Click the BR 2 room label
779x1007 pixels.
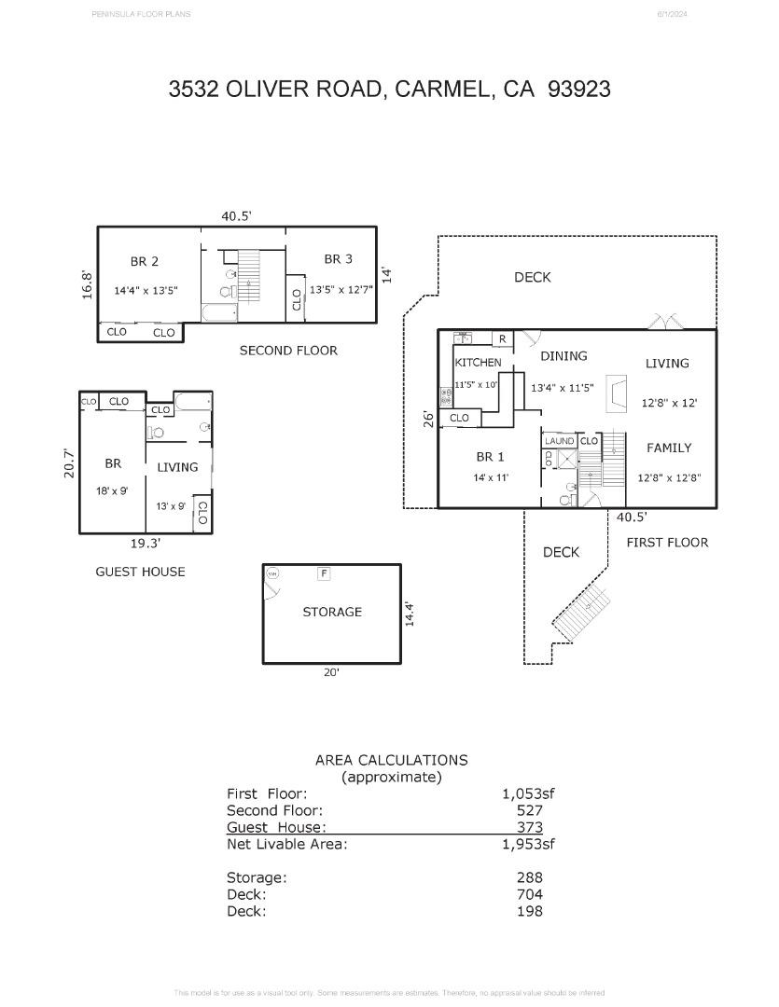tap(144, 262)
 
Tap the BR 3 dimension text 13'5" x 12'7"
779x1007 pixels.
tap(341, 290)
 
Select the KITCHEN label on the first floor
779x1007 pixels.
tap(478, 363)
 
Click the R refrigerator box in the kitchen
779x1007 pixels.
tap(502, 338)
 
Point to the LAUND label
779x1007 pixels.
tap(560, 441)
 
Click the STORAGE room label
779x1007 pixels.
tap(332, 613)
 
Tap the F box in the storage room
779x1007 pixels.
tap(324, 574)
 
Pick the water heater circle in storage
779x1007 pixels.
tap(273, 574)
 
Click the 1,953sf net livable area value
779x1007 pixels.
tap(528, 845)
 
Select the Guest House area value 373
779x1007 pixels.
tap(529, 827)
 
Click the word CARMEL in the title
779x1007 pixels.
tap(442, 89)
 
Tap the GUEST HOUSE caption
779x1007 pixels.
tap(141, 572)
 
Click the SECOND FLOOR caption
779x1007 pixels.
tap(288, 351)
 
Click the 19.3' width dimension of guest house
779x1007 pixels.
tap(145, 543)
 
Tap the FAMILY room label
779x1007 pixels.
tap(669, 448)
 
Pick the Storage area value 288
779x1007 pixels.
tap(529, 877)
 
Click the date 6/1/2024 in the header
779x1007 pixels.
tap(672, 14)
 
